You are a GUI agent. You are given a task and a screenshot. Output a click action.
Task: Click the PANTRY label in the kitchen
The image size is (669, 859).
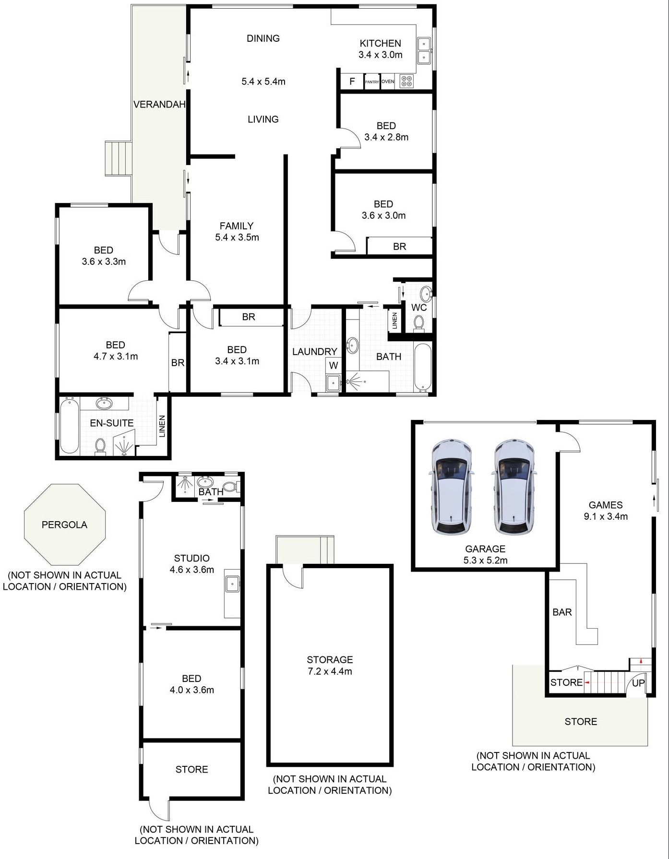[372, 82]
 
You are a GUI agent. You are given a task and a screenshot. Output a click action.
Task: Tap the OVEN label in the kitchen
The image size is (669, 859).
[388, 82]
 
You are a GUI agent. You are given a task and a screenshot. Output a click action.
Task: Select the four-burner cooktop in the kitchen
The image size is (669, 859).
[406, 81]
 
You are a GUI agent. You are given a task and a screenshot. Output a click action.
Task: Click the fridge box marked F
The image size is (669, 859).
[352, 82]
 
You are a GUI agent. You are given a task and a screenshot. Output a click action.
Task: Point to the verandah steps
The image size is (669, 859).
[118, 158]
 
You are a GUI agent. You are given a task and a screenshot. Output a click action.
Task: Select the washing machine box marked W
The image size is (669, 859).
[334, 365]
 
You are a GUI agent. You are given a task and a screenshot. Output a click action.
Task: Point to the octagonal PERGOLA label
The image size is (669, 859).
[64, 525]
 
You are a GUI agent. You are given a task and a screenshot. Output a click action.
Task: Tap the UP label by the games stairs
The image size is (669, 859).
[638, 683]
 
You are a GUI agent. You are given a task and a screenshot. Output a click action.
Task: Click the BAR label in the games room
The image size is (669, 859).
[562, 612]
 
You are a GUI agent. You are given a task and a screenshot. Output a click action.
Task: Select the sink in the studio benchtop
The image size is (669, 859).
[232, 584]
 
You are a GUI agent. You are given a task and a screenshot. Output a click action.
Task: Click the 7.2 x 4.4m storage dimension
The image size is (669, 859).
[330, 671]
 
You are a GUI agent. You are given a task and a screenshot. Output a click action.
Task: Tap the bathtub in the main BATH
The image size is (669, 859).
[422, 367]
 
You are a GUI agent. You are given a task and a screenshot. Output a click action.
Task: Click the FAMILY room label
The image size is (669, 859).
[237, 226]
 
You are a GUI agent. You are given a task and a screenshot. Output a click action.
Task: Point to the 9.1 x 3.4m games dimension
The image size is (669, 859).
[606, 516]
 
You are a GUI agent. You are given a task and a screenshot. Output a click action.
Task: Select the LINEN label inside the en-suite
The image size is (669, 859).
[162, 426]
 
